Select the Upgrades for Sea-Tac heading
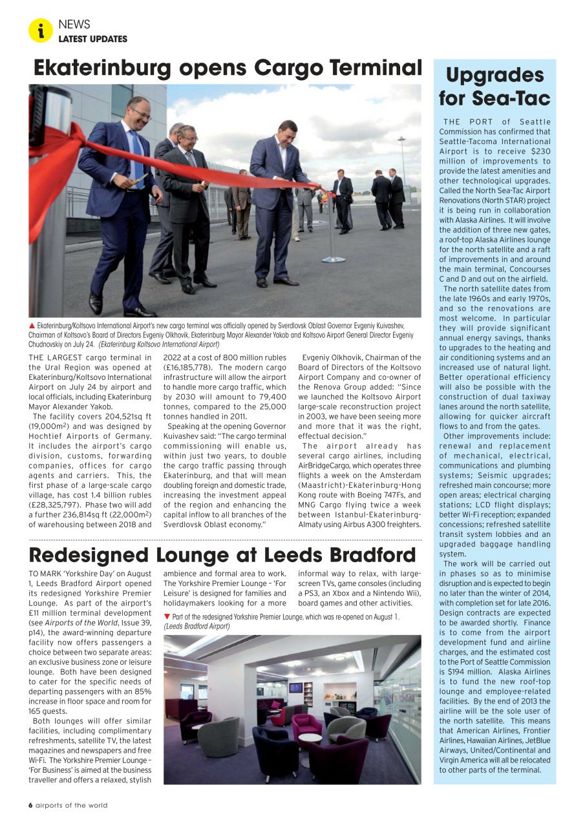pyautogui.click(x=495, y=86)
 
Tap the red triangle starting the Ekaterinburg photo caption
pyautogui.click(x=32, y=326)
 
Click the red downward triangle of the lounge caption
pyautogui.click(x=167, y=617)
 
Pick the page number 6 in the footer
pyautogui.click(x=30, y=805)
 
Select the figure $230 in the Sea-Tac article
pyautogui.click(x=540, y=151)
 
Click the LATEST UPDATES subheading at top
pyautogui.click(x=92, y=39)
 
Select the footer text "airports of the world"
pyautogui.click(x=71, y=805)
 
